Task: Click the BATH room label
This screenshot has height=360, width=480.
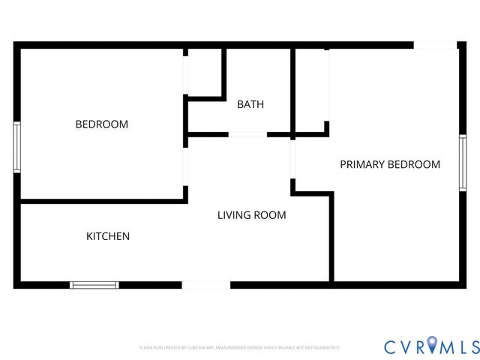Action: (250, 104)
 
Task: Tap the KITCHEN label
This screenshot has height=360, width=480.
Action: (108, 236)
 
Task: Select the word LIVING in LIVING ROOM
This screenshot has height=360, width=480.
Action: (233, 215)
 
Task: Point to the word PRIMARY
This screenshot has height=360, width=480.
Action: (362, 164)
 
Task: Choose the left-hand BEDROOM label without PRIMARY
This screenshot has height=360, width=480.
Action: (102, 124)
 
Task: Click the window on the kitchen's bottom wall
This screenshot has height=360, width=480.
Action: (94, 284)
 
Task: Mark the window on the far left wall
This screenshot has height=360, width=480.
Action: (16, 147)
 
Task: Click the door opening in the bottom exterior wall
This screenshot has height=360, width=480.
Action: (206, 284)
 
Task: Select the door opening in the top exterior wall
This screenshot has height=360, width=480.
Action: (436, 46)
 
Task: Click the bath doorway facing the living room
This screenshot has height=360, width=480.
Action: (247, 134)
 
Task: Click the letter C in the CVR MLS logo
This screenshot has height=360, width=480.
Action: (391, 347)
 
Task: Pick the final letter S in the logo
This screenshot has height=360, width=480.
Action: (472, 347)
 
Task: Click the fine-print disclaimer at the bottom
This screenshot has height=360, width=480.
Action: (240, 348)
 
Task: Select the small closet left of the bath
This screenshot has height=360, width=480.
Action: (204, 73)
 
